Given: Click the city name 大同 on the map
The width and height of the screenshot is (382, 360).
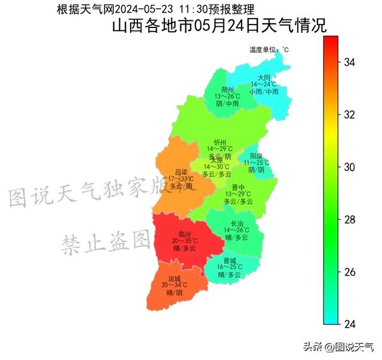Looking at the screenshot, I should [x=264, y=78].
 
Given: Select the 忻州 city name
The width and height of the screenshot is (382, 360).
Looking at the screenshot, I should [x=220, y=141].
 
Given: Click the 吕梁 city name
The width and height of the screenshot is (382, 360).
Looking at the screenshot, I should [x=181, y=171].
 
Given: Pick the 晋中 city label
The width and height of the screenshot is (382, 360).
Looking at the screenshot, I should [x=238, y=187].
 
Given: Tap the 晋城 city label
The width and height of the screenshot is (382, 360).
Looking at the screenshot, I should [x=230, y=260].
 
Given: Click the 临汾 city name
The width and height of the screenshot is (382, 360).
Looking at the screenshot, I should [x=184, y=233].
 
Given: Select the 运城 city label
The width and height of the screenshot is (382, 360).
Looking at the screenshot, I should [x=174, y=278].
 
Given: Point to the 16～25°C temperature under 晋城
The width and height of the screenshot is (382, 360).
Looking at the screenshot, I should [x=229, y=267].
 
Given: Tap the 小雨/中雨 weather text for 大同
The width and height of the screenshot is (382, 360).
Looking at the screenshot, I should [x=264, y=92].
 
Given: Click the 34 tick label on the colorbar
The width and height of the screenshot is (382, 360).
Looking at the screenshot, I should [x=350, y=62].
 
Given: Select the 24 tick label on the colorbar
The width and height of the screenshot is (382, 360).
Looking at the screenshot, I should [x=350, y=324].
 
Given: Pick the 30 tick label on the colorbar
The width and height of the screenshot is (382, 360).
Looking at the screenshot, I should [x=350, y=167].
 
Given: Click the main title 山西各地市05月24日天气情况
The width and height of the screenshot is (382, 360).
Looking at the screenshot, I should [x=219, y=27].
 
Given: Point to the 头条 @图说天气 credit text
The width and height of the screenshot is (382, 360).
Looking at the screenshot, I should [x=338, y=346].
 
